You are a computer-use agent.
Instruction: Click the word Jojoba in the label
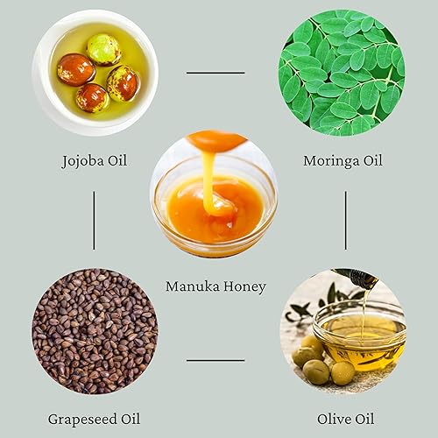point(82,161)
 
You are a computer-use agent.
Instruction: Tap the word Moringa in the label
point(331,161)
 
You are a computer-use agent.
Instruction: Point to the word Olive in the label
point(334,419)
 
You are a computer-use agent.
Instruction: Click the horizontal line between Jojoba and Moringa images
point(215,73)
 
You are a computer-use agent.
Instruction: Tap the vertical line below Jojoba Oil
point(94,221)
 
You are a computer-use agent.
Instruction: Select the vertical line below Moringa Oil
point(346,221)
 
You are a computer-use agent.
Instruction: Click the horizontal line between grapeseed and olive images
point(215,360)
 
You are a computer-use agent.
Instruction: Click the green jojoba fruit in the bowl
point(103,50)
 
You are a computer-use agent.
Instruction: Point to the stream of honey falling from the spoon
point(208,181)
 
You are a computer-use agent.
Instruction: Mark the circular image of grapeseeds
point(95,331)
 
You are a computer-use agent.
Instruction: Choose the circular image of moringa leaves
point(342,73)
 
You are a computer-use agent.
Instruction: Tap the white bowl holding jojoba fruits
point(95,73)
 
